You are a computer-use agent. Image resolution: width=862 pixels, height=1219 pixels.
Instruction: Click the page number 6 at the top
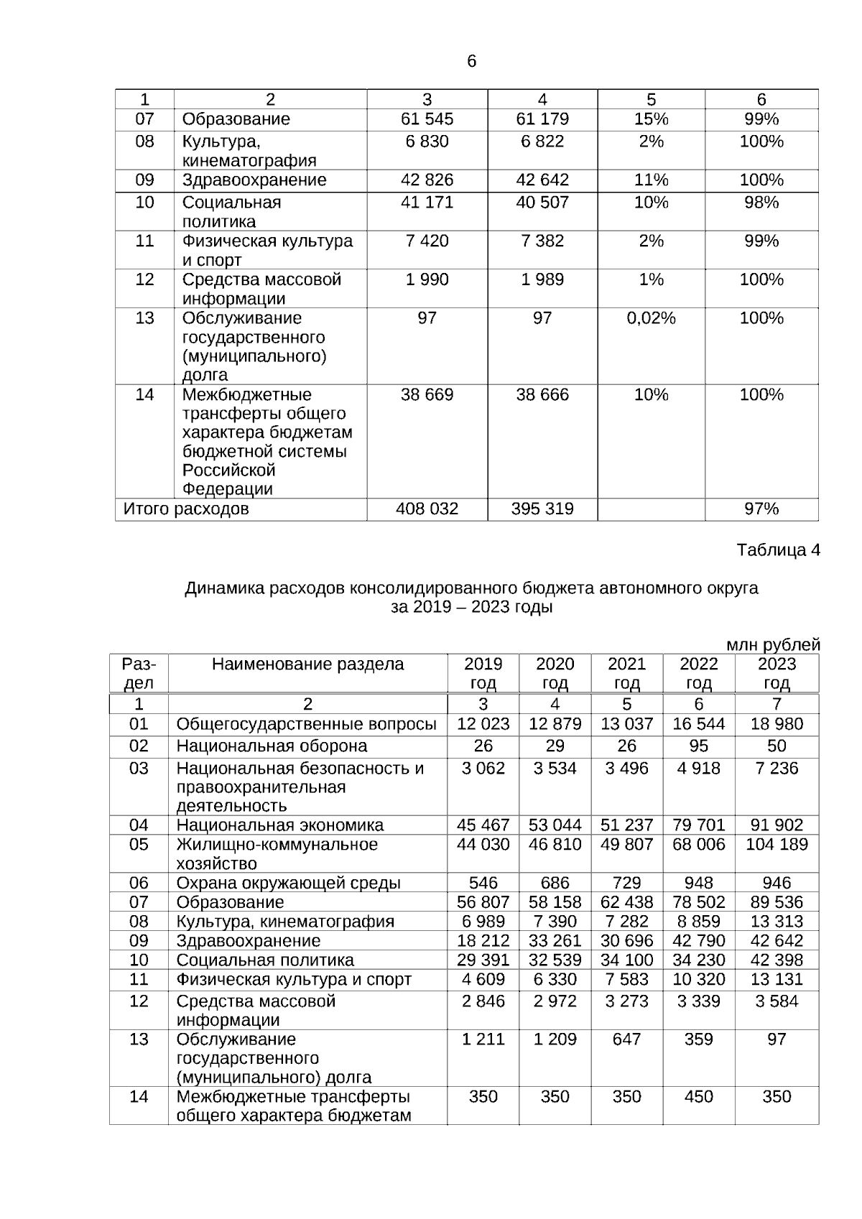click(x=471, y=62)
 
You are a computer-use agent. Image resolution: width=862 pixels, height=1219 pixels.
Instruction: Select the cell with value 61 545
click(x=427, y=119)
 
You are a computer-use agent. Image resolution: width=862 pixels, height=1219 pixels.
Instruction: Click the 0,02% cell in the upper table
click(x=651, y=318)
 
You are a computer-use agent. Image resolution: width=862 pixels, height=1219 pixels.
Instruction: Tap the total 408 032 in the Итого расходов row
click(x=427, y=509)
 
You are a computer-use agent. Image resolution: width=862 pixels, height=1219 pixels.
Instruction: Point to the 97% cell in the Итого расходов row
click(x=761, y=509)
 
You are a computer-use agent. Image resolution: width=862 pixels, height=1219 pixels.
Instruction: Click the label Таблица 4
click(x=778, y=550)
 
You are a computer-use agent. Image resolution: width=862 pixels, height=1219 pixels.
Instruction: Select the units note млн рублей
click(x=773, y=645)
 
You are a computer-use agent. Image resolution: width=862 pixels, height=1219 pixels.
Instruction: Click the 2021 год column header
click(x=626, y=673)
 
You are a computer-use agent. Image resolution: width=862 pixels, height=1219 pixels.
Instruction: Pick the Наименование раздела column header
click(x=307, y=664)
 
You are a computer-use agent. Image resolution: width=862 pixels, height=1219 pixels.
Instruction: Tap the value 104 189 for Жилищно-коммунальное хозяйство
click(x=777, y=845)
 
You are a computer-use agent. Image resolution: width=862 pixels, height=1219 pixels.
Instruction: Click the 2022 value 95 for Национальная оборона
click(x=698, y=746)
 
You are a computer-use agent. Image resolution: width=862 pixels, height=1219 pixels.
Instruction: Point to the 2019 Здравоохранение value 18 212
click(x=483, y=941)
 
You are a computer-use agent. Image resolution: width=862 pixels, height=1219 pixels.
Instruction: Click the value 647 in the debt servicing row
click(x=626, y=1039)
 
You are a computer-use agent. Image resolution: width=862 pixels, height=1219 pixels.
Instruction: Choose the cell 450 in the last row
click(x=698, y=1097)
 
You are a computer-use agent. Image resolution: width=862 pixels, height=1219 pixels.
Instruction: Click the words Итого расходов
click(x=186, y=509)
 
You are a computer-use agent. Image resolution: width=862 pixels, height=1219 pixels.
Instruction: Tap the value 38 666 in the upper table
click(x=542, y=395)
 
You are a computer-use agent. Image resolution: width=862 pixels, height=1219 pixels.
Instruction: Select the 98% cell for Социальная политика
click(x=761, y=203)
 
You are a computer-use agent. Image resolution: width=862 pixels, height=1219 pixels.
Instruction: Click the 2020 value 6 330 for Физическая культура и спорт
click(x=555, y=980)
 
